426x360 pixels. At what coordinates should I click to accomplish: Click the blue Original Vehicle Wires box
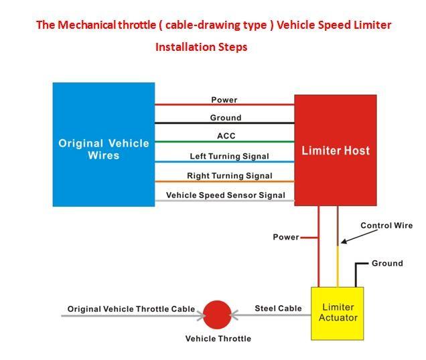(x=104, y=145)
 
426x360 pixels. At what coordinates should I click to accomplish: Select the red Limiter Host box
(x=336, y=150)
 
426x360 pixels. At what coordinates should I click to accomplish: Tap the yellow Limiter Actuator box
(x=338, y=314)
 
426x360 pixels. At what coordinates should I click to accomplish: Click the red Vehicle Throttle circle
(x=217, y=314)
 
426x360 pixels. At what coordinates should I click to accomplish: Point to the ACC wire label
(x=226, y=136)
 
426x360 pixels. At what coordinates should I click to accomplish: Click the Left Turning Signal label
(x=229, y=157)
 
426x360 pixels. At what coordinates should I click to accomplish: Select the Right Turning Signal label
(x=230, y=176)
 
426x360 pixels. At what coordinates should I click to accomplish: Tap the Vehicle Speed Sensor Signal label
(x=226, y=195)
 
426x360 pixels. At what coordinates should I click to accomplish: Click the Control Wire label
(x=386, y=226)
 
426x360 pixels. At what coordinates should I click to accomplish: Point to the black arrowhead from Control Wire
(x=344, y=242)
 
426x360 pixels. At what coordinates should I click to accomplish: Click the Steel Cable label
(x=278, y=308)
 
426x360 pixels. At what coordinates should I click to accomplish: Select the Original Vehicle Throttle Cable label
(x=131, y=309)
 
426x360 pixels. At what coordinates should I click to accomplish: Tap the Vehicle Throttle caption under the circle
(x=218, y=339)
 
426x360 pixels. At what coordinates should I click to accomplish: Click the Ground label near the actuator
(x=387, y=264)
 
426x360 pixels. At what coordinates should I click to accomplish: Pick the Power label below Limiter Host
(x=286, y=237)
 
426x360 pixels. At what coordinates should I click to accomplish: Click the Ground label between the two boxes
(x=226, y=118)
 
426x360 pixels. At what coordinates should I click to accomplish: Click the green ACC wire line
(x=224, y=142)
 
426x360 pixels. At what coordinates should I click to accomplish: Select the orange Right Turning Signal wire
(x=224, y=181)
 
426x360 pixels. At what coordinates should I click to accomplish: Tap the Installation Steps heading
(x=202, y=47)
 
